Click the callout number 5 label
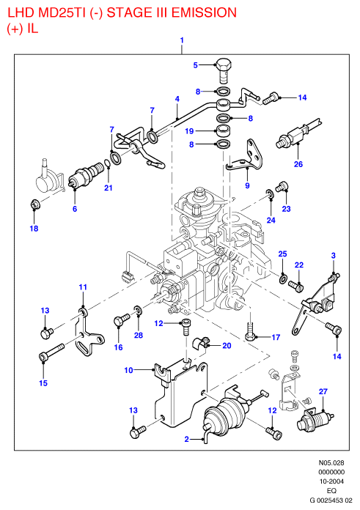[x=195, y=65]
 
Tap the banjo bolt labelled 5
[x=224, y=70]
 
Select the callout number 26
[x=298, y=164]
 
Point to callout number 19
[x=189, y=131]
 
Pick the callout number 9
[x=247, y=185]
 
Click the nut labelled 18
[x=34, y=205]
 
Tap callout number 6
[x=75, y=209]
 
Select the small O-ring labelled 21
[x=108, y=163]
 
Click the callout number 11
[x=83, y=287]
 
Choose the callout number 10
[x=129, y=370]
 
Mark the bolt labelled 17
[x=250, y=330]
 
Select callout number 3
[x=334, y=256]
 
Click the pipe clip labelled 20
[x=202, y=343]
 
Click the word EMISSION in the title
[x=204, y=12]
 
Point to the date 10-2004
[x=331, y=481]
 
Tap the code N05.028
[x=331, y=463]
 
